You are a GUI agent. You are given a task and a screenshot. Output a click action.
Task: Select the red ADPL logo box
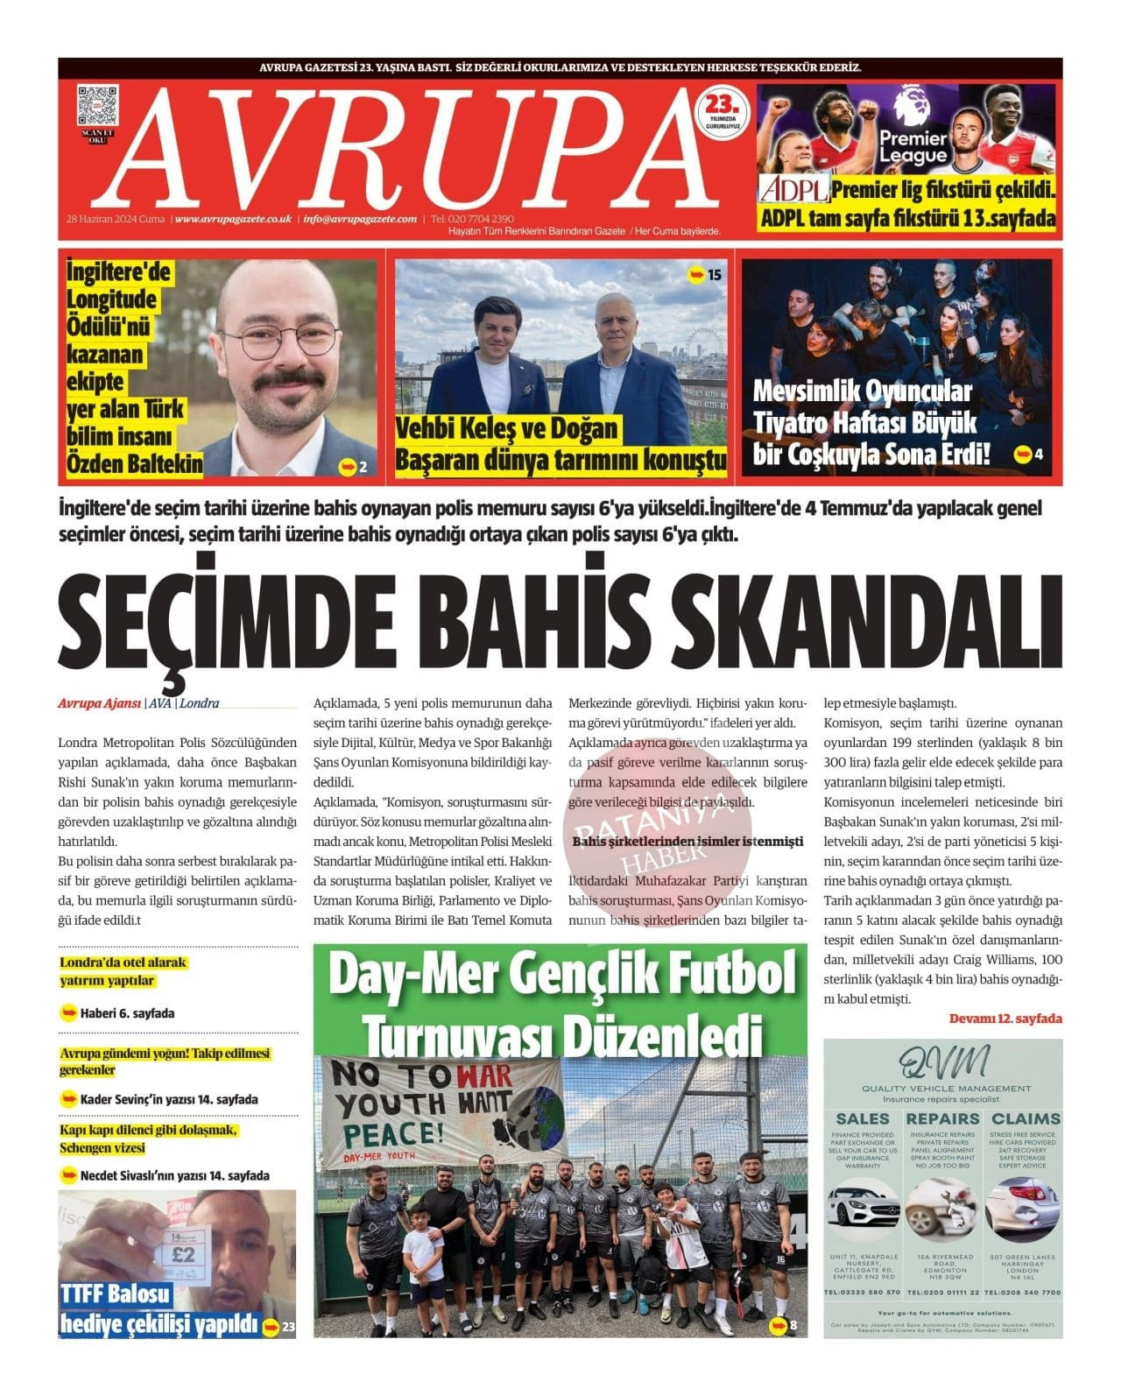click(x=793, y=190)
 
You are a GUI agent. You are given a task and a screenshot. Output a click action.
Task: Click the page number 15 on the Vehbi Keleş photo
click(x=714, y=275)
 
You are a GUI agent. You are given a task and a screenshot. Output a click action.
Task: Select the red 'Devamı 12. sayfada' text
click(x=1005, y=1019)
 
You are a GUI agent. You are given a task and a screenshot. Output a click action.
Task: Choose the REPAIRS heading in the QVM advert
click(x=942, y=1118)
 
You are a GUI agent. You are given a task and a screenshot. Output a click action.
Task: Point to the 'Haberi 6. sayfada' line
click(x=127, y=1013)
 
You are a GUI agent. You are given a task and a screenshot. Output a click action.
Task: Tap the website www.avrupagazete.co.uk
click(x=233, y=219)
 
